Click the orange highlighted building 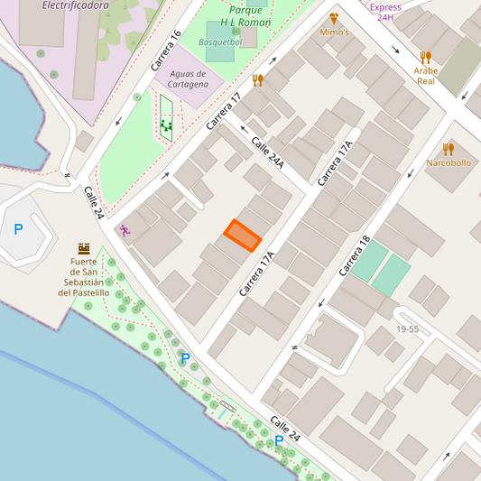[243, 235]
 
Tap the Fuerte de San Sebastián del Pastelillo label [84, 277]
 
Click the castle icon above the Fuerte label [84, 247]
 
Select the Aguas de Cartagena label [181, 79]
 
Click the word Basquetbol [220, 42]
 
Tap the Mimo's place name [334, 32]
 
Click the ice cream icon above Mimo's [334, 17]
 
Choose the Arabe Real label [426, 75]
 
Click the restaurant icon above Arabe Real [426, 57]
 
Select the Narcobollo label [449, 163]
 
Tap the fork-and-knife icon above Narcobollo [449, 149]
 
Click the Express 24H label [385, 12]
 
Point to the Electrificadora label [76, 5]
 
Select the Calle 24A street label [267, 153]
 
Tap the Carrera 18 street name [354, 256]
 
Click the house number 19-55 [407, 329]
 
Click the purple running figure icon [125, 230]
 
